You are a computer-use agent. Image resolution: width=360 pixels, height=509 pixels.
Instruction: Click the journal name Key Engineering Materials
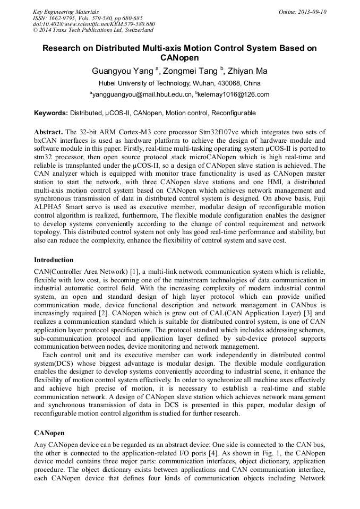pos(66,12)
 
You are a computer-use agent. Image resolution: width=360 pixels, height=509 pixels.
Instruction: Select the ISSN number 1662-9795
pos(67,18)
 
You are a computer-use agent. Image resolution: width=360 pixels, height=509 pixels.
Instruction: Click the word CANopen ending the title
pos(179,58)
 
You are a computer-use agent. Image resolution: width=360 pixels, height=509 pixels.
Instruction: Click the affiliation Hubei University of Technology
pos(145,83)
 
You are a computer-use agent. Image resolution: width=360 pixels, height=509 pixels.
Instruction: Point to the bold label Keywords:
pos(51,113)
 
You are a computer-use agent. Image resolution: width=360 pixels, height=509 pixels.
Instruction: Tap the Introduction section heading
pos(54,260)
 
